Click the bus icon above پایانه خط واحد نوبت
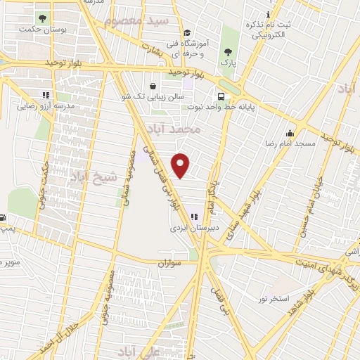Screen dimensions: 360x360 221,96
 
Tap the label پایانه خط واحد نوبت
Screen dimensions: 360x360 221,108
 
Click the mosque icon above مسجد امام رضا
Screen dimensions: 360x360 290,133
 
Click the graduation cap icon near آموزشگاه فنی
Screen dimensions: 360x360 186,32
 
